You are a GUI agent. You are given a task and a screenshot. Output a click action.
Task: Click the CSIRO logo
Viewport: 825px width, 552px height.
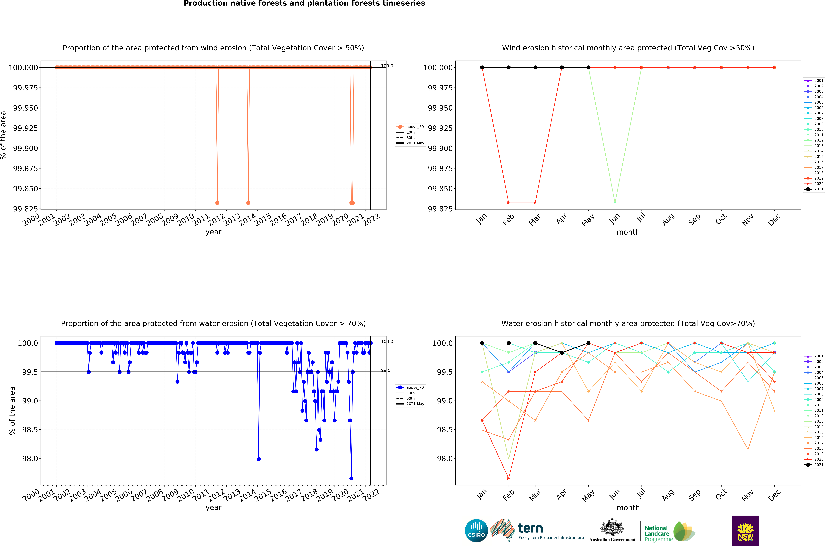click(476, 530)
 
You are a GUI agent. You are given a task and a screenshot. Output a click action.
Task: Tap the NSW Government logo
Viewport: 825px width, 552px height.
click(745, 530)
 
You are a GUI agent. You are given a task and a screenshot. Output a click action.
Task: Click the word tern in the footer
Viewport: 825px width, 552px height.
click(530, 528)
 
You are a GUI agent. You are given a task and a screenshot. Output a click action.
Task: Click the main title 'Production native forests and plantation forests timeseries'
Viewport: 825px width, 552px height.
click(304, 4)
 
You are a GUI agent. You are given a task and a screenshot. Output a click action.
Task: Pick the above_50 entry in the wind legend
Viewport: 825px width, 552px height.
click(415, 127)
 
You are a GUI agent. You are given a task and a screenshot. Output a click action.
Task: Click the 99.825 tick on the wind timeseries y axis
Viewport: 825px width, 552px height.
click(25, 209)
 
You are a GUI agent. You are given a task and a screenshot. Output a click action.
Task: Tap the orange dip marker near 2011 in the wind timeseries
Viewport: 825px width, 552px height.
click(217, 203)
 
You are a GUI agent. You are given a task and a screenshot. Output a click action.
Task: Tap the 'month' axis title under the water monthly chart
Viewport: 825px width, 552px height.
click(628, 508)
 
